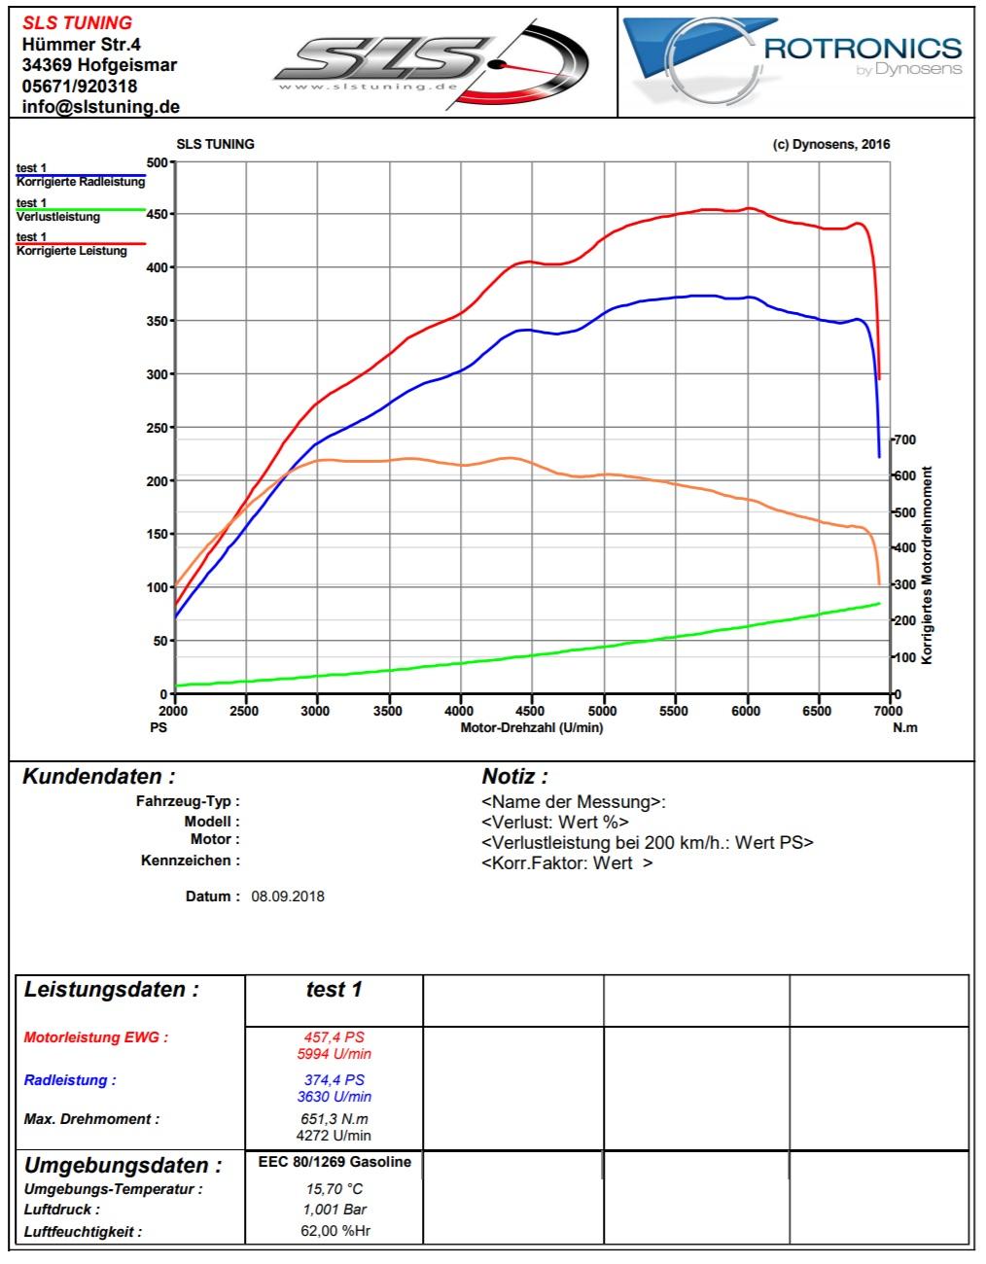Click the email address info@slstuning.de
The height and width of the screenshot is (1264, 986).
pyautogui.click(x=101, y=107)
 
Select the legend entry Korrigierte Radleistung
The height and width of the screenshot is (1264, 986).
pyautogui.click(x=81, y=182)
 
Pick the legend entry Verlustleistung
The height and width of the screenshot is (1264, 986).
pyautogui.click(x=58, y=216)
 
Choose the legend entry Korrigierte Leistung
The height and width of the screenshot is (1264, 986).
pyautogui.click(x=72, y=251)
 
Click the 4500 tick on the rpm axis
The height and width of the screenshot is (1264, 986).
pyautogui.click(x=531, y=711)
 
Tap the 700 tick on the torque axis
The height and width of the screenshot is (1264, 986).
pyautogui.click(x=904, y=439)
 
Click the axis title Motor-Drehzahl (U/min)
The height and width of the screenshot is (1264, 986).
pyautogui.click(x=531, y=728)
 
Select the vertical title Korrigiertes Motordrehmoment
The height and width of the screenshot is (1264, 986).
pyautogui.click(x=927, y=565)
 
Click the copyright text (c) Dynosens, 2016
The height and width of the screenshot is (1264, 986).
pyautogui.click(x=830, y=144)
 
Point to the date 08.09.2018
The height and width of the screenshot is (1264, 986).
pyautogui.click(x=288, y=896)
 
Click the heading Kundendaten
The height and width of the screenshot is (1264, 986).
pyautogui.click(x=99, y=777)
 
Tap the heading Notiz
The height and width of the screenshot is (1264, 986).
pyautogui.click(x=514, y=777)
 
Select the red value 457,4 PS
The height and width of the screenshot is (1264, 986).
pyautogui.click(x=335, y=1037)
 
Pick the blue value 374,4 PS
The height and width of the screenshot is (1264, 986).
pyautogui.click(x=335, y=1080)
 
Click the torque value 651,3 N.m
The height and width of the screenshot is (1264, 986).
pyautogui.click(x=335, y=1119)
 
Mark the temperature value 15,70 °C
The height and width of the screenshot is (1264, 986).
pyautogui.click(x=335, y=1189)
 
